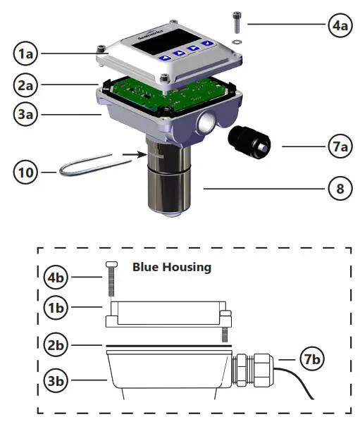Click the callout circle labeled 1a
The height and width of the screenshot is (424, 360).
[x=28, y=54]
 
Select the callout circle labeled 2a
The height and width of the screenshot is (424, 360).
[x=28, y=85]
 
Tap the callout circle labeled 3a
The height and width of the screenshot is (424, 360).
[x=28, y=113]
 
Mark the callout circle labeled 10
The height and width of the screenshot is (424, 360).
[x=28, y=170]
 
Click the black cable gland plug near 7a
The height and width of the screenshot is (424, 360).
[x=250, y=144]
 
